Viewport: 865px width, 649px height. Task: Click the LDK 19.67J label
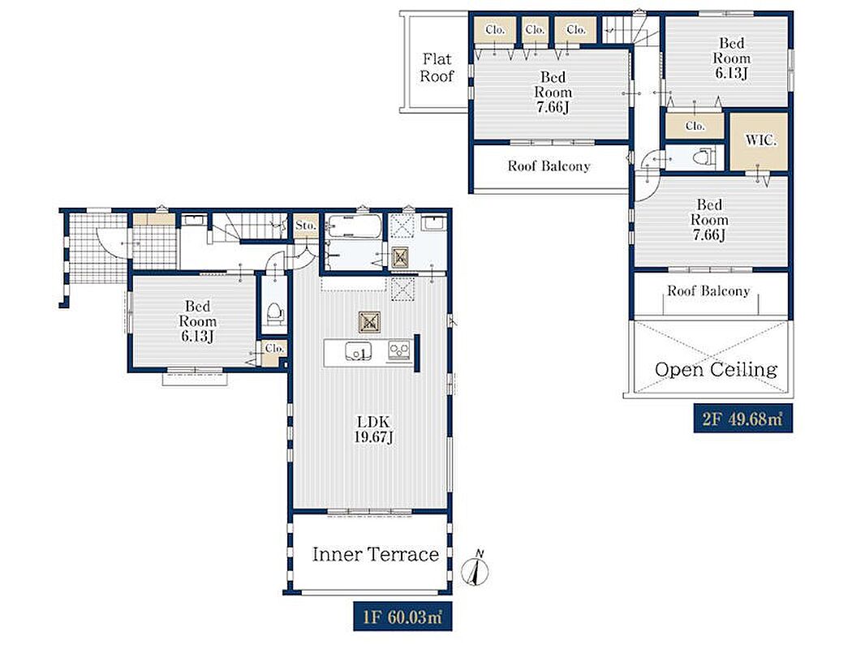pos(374,430)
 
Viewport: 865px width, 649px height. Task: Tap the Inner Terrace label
pos(376,554)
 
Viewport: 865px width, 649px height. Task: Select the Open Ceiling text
pos(716,369)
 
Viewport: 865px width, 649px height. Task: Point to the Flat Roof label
pos(437,67)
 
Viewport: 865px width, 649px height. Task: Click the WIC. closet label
pos(761,140)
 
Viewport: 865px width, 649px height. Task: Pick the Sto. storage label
pos(306,225)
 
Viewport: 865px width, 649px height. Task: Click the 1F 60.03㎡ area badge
pos(402,617)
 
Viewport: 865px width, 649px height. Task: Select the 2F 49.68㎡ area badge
pos(742,419)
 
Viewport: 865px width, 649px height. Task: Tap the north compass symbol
pos(476,568)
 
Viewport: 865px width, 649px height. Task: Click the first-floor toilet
pos(274,313)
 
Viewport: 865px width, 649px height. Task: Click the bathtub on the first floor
pos(354,226)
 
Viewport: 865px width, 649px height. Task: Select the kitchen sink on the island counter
pos(358,351)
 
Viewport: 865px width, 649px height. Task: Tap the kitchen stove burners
pos(399,350)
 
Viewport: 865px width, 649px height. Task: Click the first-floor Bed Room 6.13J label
pos(197,321)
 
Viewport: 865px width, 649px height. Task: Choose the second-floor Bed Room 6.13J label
pos(731,58)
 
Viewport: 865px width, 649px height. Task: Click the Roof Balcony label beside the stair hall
pos(549,166)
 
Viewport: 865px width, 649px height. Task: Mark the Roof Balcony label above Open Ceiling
pos(708,290)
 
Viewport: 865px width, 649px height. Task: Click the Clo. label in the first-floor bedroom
pos(274,349)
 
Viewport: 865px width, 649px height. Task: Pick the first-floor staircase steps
pos(254,227)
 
